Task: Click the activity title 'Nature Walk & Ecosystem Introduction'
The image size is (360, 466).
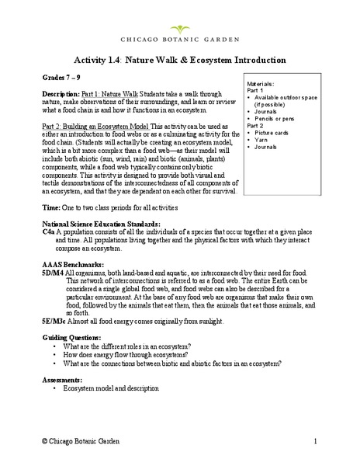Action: pyautogui.click(x=212, y=60)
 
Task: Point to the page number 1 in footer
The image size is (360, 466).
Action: pyautogui.click(x=317, y=441)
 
